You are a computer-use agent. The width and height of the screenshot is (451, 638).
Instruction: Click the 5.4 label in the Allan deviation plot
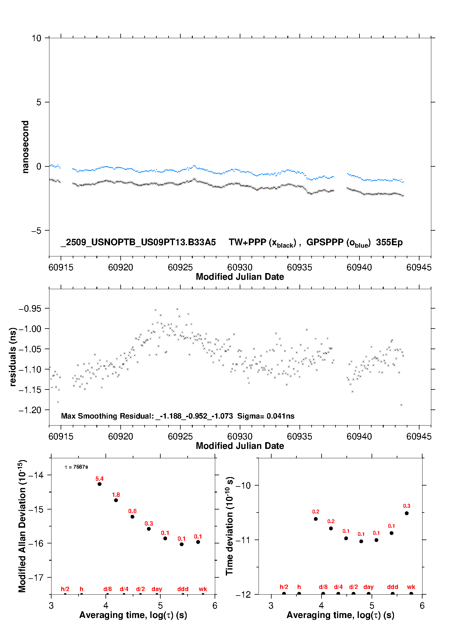pos(99,479)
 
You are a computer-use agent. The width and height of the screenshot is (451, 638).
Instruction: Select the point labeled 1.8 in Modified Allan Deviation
pos(116,500)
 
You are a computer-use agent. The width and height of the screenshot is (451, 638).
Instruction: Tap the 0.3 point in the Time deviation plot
pos(406,513)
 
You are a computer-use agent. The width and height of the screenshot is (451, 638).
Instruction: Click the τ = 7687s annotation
pos(76,467)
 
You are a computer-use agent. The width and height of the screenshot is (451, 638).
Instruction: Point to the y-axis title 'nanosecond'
pos(25,147)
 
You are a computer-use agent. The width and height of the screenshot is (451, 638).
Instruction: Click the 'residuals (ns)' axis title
pos(13,357)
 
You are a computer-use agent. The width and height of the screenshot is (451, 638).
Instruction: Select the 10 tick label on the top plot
pos(36,38)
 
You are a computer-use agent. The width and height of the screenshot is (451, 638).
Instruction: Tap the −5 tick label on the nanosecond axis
pos(36,231)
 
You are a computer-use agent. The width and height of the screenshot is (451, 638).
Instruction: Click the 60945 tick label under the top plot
pos(419,267)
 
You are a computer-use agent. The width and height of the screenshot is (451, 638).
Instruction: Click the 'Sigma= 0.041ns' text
pos(266,416)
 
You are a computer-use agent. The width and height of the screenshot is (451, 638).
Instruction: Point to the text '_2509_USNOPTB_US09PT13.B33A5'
pos(138,242)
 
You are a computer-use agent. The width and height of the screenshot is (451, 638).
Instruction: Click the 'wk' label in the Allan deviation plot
pos(203,589)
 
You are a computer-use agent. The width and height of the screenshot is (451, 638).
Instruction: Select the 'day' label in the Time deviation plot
pos(368,587)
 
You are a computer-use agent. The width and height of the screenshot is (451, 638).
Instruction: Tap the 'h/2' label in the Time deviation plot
pos(284,587)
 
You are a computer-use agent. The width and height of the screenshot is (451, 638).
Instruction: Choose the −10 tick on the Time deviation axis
pos(243,485)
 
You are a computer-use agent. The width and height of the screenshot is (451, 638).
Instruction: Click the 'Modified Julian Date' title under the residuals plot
pos(240,446)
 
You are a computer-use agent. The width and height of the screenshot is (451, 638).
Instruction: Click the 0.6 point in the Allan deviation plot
pos(132,516)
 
